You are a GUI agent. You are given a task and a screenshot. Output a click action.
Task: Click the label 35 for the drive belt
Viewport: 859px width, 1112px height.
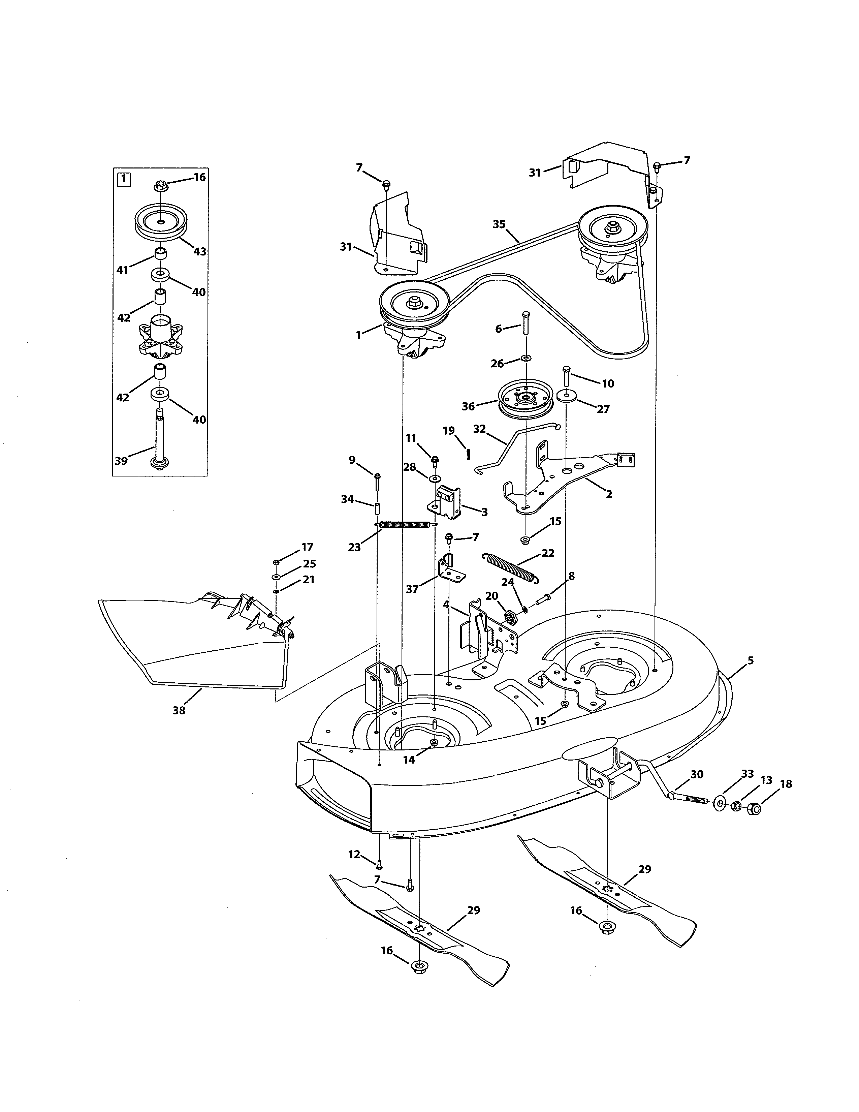coord(499,224)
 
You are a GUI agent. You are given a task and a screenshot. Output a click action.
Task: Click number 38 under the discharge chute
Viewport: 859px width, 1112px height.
coord(179,710)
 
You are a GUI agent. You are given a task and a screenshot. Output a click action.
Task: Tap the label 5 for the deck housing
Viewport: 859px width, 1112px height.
coord(750,661)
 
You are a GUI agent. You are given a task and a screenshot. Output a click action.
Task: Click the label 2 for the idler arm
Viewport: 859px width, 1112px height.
coord(609,494)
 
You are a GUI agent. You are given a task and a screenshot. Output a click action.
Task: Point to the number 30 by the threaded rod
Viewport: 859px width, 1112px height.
coord(697,774)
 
